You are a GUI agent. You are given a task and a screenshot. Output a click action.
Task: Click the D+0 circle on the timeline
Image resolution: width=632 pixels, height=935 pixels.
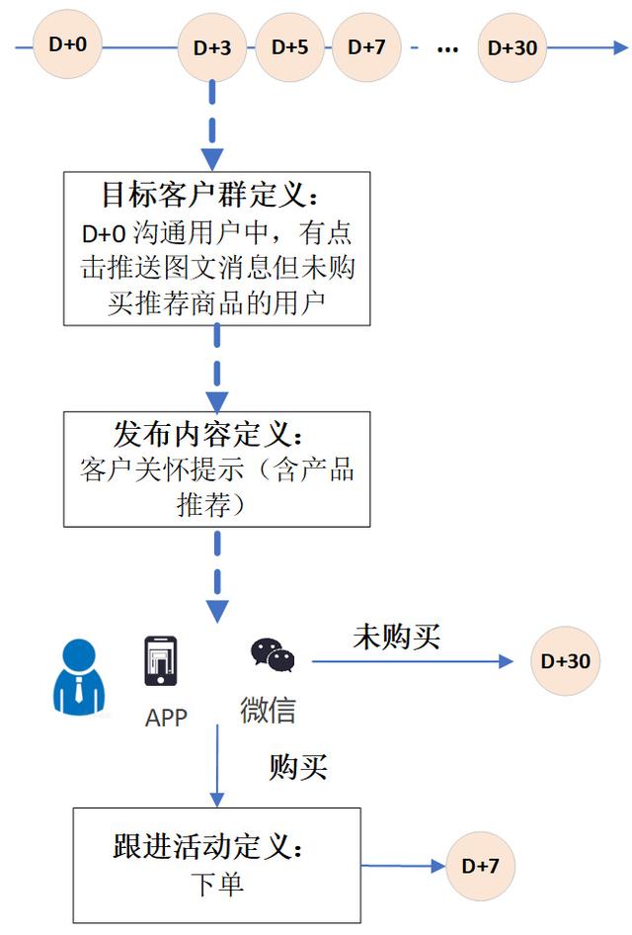[x=67, y=43]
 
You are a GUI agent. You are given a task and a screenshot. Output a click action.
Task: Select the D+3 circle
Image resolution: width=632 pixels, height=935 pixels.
[x=212, y=47]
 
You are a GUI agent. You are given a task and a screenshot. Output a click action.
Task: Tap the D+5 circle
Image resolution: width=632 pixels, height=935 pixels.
[x=290, y=47]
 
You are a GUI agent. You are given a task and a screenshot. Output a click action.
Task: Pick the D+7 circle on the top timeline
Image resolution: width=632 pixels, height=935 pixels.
[x=366, y=47]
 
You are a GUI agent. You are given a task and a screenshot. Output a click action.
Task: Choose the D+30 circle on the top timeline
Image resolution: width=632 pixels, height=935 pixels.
[x=513, y=47]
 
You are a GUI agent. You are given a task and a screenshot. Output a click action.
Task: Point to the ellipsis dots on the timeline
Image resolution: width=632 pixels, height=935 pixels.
[x=447, y=49]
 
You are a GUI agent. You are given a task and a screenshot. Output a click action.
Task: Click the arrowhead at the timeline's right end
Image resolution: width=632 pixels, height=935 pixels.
[x=621, y=47]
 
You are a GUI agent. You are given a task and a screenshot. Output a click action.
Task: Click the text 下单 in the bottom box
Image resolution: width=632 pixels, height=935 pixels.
[x=217, y=884]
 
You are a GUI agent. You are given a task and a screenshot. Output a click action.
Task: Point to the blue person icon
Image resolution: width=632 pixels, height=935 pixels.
[x=79, y=677]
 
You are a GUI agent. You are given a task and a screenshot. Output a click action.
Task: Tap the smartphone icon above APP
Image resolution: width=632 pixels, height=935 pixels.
[x=161, y=660]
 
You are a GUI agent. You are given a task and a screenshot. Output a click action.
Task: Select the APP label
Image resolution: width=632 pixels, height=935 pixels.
[x=166, y=718]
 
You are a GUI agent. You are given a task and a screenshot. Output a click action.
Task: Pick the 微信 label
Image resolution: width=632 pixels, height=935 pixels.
[x=268, y=710]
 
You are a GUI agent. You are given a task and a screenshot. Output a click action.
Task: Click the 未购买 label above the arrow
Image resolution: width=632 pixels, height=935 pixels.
[x=397, y=637]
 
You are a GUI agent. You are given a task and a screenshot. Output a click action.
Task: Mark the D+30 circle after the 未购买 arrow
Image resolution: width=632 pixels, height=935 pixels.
[x=565, y=660]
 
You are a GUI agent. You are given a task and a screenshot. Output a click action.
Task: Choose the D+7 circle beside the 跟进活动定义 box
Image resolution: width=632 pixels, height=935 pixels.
[x=480, y=866]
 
